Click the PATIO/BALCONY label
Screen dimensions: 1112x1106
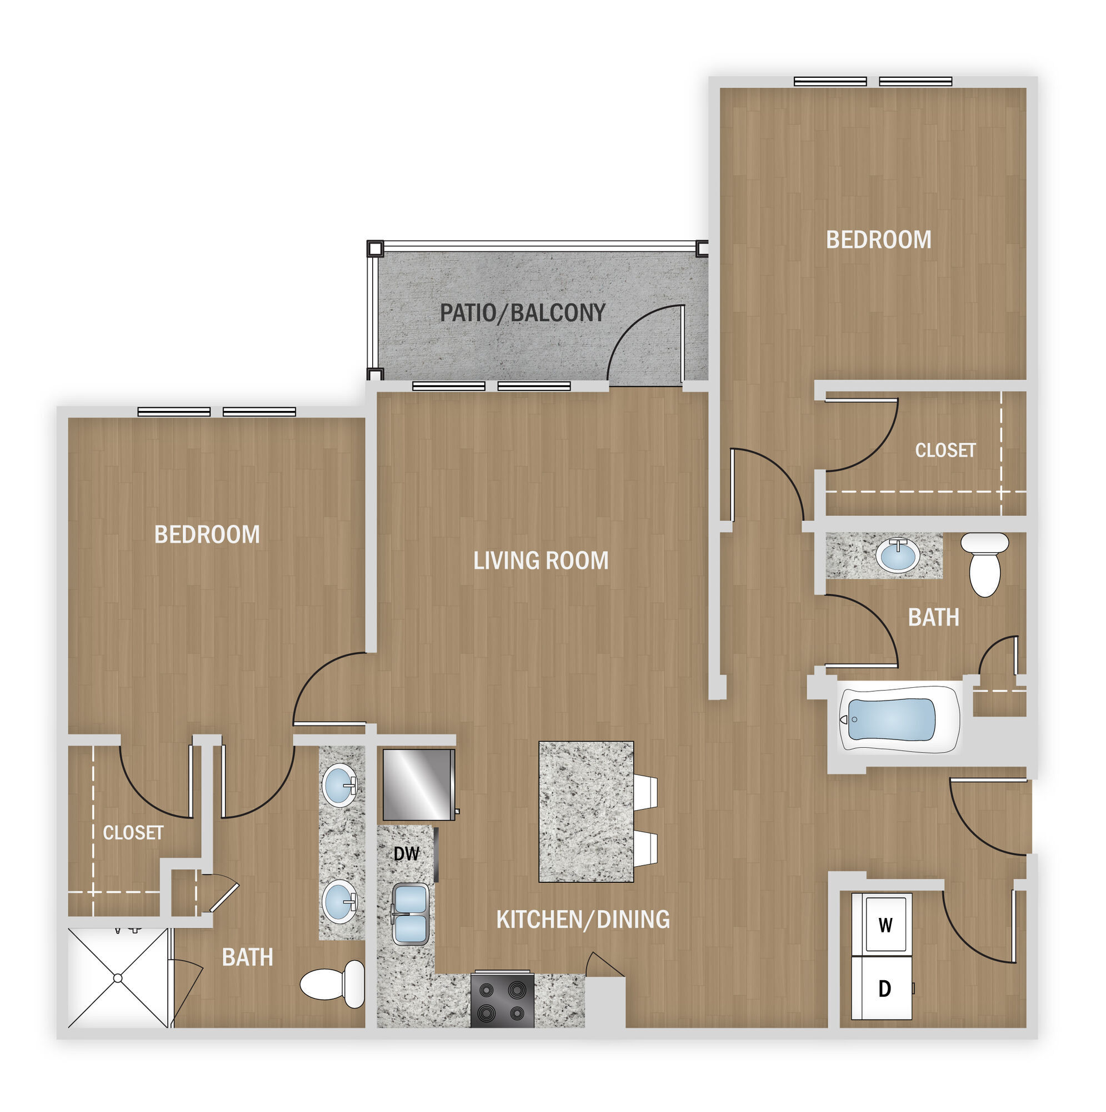[522, 313]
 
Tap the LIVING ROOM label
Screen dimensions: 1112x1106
[541, 560]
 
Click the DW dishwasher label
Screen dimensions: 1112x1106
[406, 853]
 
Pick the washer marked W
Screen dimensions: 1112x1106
[884, 925]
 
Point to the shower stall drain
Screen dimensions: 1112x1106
[118, 978]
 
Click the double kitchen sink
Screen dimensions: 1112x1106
[410, 915]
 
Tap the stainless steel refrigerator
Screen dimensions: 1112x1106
[419, 785]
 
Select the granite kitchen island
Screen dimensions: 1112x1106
[586, 812]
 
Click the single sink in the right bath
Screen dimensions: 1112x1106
[897, 555]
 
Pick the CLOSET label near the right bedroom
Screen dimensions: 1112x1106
[945, 450]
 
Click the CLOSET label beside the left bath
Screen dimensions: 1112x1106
[133, 833]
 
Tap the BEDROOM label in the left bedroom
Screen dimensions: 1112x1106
[207, 535]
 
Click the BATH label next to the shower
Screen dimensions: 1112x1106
[247, 957]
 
